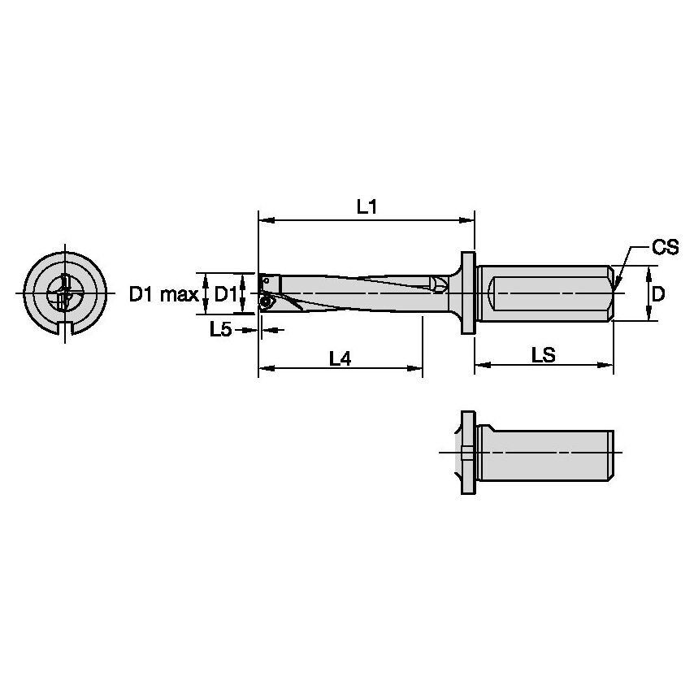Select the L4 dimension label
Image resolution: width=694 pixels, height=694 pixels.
[340, 358]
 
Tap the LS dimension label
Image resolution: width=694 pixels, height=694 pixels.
[544, 355]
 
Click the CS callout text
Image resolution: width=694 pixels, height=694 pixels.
[665, 248]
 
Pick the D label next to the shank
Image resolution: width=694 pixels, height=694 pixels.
[658, 293]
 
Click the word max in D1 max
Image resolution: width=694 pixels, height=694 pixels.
[180, 294]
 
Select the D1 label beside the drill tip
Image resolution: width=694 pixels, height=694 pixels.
[226, 294]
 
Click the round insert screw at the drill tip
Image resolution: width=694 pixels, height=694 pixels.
[265, 301]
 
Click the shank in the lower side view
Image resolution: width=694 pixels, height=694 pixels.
[544, 452]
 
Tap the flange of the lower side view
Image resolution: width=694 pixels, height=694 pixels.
[467, 452]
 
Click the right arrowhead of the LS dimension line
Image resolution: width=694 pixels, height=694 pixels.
[609, 367]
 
